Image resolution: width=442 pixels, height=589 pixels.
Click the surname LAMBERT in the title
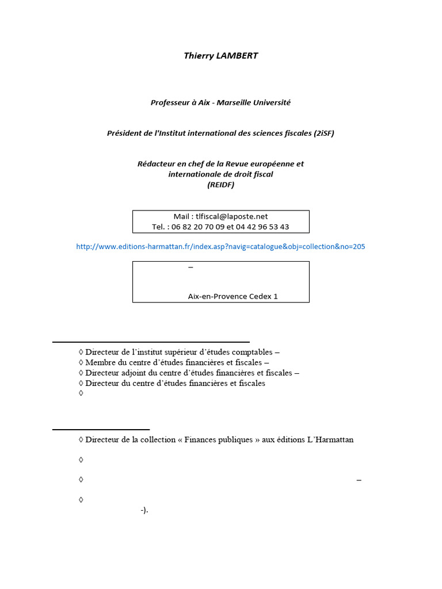click(237, 56)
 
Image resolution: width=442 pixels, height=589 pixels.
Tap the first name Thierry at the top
click(198, 56)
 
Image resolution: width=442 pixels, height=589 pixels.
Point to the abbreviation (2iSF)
click(324, 133)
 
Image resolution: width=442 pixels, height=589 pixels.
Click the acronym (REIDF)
click(220, 185)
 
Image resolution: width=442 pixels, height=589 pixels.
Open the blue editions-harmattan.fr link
click(220, 246)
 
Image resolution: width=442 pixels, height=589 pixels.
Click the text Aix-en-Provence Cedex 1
click(233, 296)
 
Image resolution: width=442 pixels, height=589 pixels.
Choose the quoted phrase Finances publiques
click(219, 439)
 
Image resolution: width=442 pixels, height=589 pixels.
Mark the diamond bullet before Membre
click(81, 362)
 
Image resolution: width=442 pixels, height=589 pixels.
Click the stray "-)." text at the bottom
click(144, 510)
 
